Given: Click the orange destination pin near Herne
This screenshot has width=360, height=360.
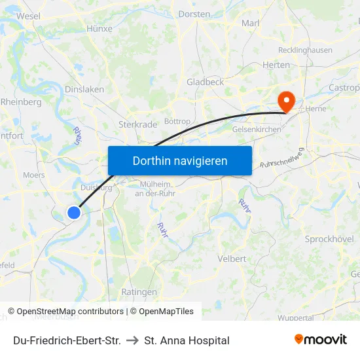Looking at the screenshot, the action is [286, 101].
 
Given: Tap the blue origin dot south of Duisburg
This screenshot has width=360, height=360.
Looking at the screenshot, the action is [74, 212].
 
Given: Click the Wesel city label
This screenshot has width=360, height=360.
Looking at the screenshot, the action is [28, 15].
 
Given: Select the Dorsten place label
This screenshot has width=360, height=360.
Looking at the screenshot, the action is [194, 14].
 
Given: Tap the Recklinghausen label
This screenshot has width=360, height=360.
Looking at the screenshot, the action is [305, 50].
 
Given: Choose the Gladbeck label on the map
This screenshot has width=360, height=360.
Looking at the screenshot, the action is [205, 82].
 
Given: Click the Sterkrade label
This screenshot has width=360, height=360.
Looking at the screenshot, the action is [137, 124].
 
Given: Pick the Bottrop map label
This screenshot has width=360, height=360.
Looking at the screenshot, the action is [177, 121].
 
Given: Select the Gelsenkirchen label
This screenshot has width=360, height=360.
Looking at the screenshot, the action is [257, 130].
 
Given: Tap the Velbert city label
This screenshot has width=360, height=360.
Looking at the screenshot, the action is [232, 259].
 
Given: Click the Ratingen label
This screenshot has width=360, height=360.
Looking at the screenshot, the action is [139, 292].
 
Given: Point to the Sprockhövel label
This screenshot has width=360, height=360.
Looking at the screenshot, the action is [330, 239].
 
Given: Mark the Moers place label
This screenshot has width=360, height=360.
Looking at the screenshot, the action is [34, 175].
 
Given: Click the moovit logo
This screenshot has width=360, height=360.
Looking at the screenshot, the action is [321, 340].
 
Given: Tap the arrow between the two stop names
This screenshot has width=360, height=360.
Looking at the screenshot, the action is [132, 340].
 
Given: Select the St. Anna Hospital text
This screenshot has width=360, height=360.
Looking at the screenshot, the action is [187, 340].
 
